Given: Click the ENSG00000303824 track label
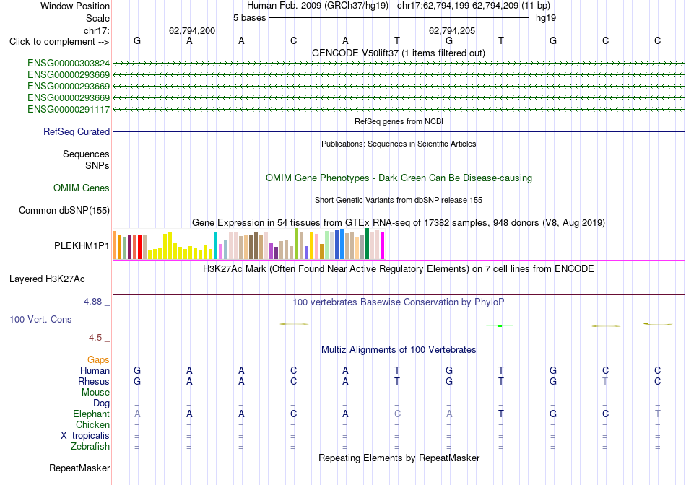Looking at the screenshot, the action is tap(69, 64).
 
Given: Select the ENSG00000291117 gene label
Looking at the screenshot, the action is tap(69, 109).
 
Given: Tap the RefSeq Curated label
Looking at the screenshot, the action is tap(77, 131).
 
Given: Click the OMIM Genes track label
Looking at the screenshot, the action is tap(82, 188).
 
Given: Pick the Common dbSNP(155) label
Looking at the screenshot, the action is tap(64, 210).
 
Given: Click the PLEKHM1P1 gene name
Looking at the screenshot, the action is tap(82, 246).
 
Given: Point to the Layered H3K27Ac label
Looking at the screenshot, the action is tap(47, 279).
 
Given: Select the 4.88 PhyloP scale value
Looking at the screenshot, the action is tap(92, 302).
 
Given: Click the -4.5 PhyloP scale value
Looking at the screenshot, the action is tap(94, 338).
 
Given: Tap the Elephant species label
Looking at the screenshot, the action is tap(92, 414).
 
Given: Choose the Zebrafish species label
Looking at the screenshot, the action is tap(90, 447).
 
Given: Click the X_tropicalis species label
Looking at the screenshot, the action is tap(85, 436).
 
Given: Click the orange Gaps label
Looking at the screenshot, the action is tap(98, 359).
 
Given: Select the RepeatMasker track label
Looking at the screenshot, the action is tap(79, 468).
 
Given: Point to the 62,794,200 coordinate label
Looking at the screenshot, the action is tap(192, 30).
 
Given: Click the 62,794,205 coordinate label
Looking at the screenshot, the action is tap(452, 30).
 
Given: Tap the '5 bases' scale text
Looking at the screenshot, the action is tap(249, 18).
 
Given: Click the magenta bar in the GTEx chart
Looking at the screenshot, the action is tap(383, 246).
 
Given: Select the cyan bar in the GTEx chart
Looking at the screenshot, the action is tap(215, 245).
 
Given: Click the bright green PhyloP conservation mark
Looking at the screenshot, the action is tap(500, 325).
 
